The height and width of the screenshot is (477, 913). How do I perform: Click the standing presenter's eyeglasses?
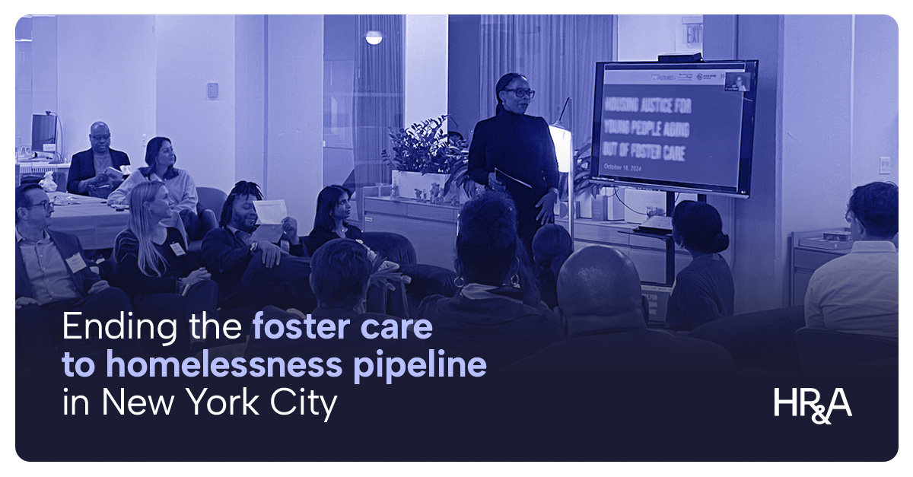click(x=519, y=93)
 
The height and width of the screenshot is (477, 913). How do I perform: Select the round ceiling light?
click(x=373, y=37)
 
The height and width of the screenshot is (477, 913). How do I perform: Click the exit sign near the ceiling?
click(x=692, y=33)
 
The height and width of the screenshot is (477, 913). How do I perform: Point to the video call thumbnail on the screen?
click(x=736, y=81)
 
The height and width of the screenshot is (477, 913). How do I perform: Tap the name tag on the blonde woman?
click(x=177, y=249)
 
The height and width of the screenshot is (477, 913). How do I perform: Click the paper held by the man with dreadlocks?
click(x=269, y=211)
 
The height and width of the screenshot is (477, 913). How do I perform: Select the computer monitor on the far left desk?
click(x=44, y=132)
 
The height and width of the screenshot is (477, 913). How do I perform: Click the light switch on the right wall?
click(x=884, y=165)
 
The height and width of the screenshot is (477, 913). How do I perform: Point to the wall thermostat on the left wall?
click(x=213, y=90)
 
